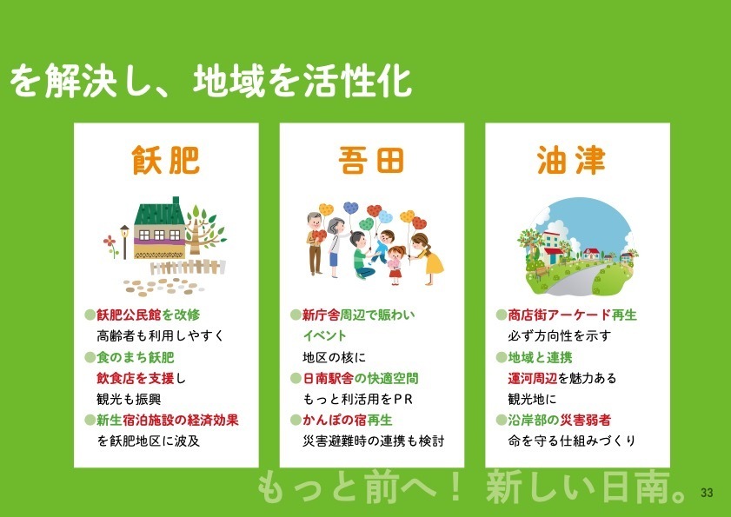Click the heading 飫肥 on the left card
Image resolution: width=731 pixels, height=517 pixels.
(x=166, y=160)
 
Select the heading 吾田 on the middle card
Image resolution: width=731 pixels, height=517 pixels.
(x=371, y=160)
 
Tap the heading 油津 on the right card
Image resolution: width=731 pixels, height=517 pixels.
(x=571, y=160)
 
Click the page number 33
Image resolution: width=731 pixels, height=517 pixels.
(x=707, y=493)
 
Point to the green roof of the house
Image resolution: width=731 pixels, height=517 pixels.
(x=160, y=213)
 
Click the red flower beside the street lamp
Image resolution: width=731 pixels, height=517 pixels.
(x=110, y=242)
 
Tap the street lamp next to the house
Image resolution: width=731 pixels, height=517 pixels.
(x=124, y=242)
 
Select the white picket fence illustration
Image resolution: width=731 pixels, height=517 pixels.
(x=188, y=267)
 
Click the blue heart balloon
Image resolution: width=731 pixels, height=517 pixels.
(x=350, y=208)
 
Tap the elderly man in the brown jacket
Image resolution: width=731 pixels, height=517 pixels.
(x=316, y=243)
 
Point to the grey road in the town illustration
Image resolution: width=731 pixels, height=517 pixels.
(x=578, y=282)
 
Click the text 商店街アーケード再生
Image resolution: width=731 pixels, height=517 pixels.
(x=572, y=315)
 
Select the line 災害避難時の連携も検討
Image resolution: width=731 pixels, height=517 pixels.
(x=374, y=441)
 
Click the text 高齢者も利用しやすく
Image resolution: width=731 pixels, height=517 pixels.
(x=161, y=335)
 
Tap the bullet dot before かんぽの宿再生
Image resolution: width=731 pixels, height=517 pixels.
(x=296, y=420)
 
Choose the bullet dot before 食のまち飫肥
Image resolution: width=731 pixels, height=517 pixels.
(x=90, y=358)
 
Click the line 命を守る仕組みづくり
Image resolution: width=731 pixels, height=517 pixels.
(x=572, y=441)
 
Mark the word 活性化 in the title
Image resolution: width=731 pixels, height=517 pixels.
(x=357, y=81)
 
